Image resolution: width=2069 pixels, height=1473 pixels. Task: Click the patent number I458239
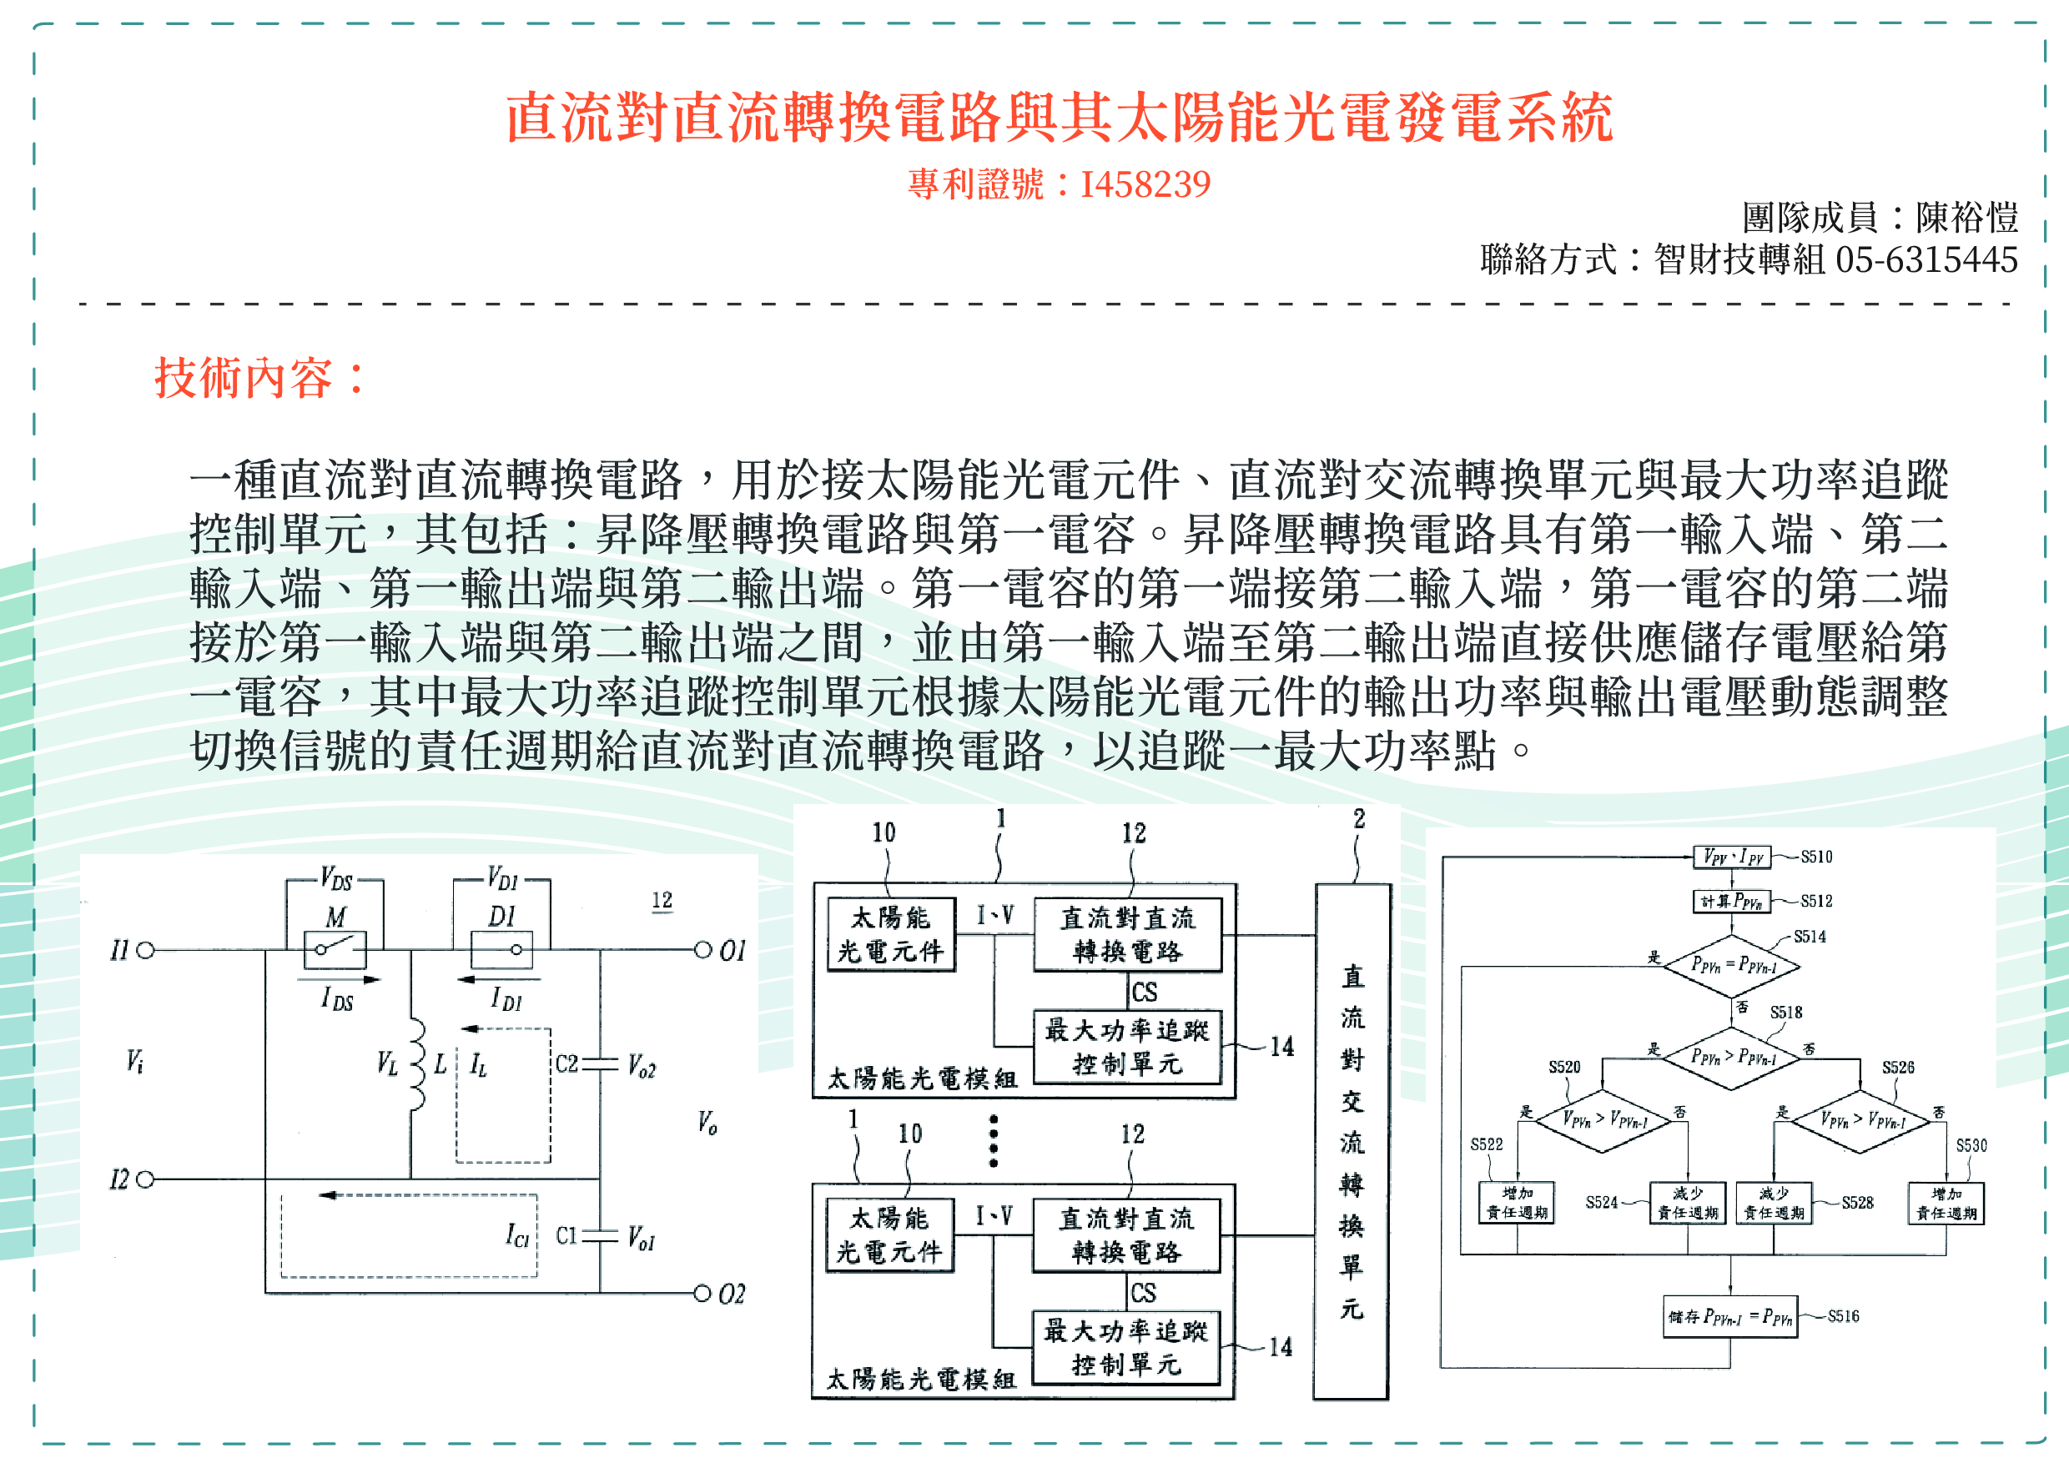point(1145,185)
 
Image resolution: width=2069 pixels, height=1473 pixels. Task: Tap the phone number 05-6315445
point(1926,260)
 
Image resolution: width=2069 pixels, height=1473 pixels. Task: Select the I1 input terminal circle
point(145,951)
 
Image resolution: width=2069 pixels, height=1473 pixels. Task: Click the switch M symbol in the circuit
point(334,950)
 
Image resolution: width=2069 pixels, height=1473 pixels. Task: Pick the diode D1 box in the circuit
point(501,950)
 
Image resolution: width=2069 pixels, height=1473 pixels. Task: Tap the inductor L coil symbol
point(416,1063)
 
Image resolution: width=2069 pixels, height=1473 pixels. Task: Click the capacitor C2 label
point(566,1063)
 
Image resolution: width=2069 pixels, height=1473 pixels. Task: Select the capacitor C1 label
point(566,1235)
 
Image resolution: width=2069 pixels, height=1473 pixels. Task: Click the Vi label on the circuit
point(134,1060)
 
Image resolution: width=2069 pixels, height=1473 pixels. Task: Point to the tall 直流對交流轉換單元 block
point(1352,1142)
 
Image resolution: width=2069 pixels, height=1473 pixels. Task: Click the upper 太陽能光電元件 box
point(891,934)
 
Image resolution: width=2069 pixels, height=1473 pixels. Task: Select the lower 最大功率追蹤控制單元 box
point(1125,1348)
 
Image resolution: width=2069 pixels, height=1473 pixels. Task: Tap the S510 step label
point(1816,857)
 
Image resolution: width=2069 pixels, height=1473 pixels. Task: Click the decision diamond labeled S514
point(1733,965)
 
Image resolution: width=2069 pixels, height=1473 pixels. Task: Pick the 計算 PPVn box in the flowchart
point(1730,901)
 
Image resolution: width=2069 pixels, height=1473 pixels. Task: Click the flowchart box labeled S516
point(1729,1317)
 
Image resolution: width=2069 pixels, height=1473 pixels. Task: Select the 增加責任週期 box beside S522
point(1517,1203)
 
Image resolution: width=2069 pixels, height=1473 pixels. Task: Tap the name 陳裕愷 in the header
point(1966,218)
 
